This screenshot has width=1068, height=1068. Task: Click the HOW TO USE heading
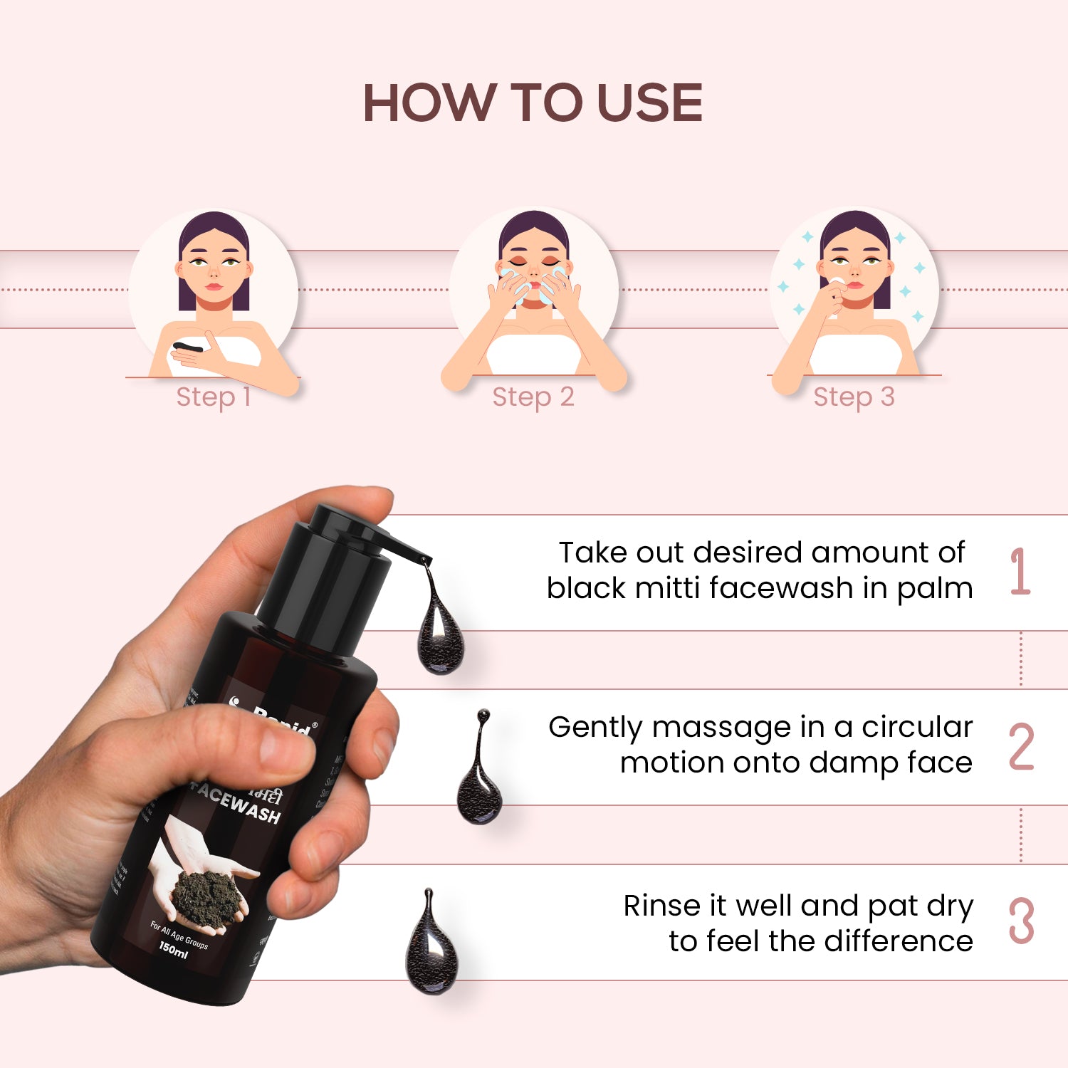533,103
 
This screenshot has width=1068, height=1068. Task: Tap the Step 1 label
213,397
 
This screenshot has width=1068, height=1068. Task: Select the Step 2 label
533,397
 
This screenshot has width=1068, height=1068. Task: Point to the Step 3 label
854,397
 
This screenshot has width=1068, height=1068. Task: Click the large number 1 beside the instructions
1020,571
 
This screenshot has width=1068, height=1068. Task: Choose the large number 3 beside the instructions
1021,921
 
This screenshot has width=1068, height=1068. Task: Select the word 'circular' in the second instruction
917,728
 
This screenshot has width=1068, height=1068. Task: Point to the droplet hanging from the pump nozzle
439,634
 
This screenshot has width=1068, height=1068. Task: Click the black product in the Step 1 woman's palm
187,347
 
